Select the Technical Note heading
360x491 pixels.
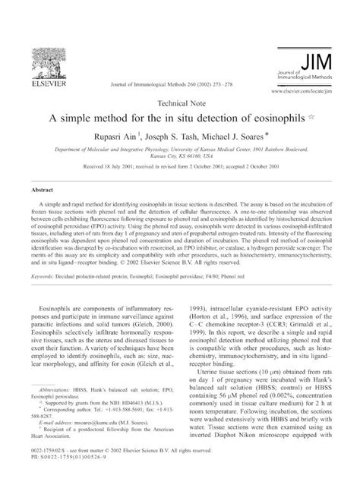click(179, 102)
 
